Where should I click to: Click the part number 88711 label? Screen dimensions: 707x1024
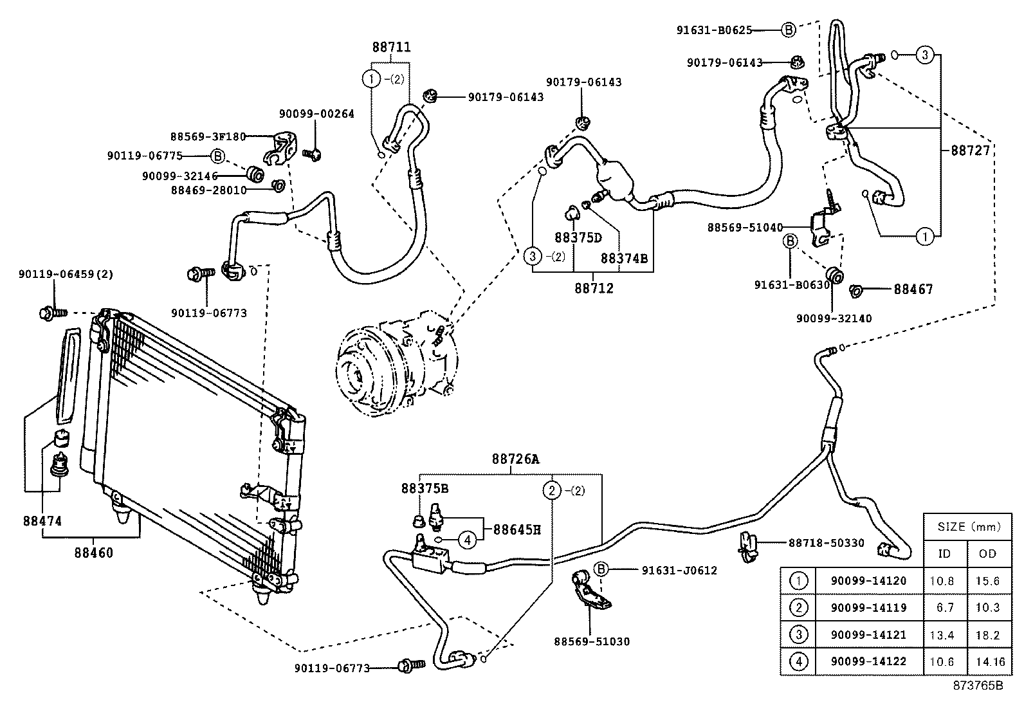(x=391, y=47)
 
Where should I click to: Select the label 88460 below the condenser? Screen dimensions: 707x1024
(x=93, y=553)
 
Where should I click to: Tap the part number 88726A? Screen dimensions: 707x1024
(x=516, y=459)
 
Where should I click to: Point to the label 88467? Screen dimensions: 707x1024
(x=913, y=290)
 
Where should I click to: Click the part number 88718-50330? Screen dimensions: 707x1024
(x=826, y=543)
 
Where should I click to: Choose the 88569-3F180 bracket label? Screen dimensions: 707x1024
(x=208, y=136)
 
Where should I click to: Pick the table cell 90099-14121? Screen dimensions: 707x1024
(x=868, y=635)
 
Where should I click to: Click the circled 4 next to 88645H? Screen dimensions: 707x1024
(x=468, y=539)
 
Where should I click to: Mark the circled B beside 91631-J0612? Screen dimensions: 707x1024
(x=599, y=569)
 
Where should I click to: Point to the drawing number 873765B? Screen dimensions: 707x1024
(x=978, y=686)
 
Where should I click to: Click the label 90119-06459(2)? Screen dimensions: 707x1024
(x=66, y=273)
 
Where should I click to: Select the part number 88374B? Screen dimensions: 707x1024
(x=624, y=258)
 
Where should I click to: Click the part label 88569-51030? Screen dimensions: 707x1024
(x=592, y=641)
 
